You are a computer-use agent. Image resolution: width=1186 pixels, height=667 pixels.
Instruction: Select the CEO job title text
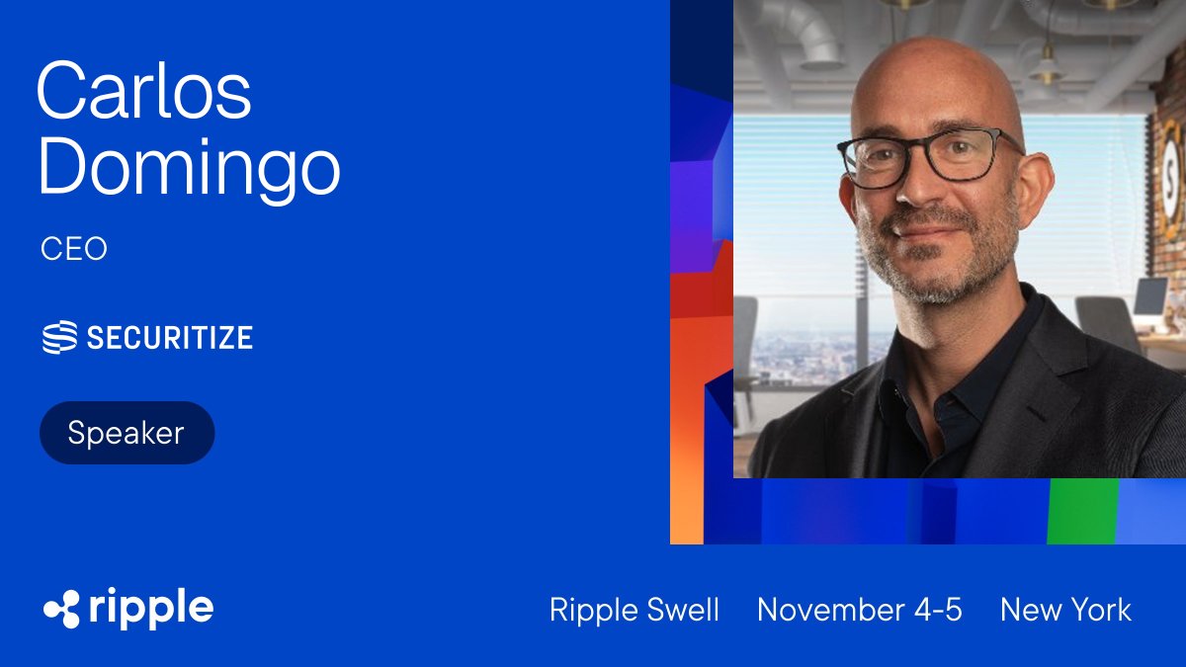(x=74, y=249)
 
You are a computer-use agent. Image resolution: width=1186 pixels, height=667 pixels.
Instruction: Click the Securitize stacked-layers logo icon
(x=58, y=338)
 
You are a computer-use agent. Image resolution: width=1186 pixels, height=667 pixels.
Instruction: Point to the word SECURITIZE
(x=169, y=338)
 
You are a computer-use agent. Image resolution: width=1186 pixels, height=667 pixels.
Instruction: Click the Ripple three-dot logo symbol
(x=61, y=609)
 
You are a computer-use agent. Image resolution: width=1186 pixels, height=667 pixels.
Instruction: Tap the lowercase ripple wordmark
(x=150, y=609)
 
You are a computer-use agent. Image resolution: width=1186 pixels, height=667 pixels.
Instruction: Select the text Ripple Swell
(x=635, y=610)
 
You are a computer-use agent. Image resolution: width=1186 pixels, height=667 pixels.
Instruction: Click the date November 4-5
(x=859, y=610)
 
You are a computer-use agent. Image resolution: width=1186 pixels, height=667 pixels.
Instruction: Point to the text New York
(x=1065, y=610)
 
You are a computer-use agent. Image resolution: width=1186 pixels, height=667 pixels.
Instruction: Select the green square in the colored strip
(x=1082, y=511)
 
